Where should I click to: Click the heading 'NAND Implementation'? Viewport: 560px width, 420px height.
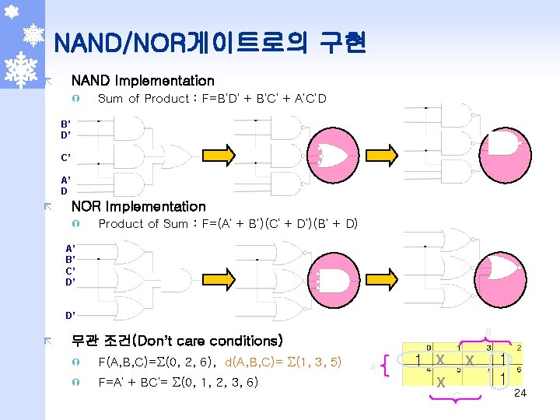142,80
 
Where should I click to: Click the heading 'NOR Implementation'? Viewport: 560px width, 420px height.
138,206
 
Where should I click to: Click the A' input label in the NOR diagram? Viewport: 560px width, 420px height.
70,248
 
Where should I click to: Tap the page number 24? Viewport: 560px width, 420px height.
520,393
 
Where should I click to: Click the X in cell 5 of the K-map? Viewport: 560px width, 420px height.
439,382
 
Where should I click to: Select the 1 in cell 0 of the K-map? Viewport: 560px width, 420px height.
419,360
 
